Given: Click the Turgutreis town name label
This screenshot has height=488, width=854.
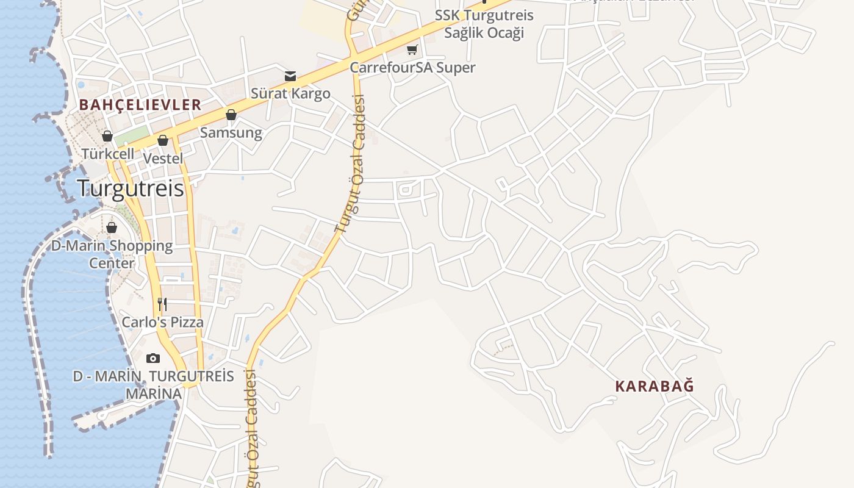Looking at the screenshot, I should (x=131, y=188).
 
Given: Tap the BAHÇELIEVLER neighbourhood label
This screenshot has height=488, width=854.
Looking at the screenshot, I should (x=140, y=105).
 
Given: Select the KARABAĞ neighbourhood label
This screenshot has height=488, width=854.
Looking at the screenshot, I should (x=655, y=386).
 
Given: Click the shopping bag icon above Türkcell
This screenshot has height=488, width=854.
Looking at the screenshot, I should (x=107, y=135).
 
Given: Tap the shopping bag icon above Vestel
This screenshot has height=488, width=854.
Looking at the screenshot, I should (x=163, y=140).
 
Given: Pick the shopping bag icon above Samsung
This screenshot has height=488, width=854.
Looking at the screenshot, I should (x=231, y=115).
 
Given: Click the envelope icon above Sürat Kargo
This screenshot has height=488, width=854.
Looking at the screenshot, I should (x=290, y=76).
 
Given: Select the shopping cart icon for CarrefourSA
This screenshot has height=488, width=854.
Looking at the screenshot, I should (x=412, y=49).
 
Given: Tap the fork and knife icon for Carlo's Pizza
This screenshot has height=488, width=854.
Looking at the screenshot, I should (x=162, y=304).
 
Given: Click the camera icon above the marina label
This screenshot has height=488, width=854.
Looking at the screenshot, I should (x=153, y=358).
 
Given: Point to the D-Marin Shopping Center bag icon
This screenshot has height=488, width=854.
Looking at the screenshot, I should (x=112, y=228).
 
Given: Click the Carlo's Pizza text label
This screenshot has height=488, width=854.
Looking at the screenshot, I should (x=162, y=322).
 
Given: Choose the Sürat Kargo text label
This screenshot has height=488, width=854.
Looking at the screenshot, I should (x=290, y=93).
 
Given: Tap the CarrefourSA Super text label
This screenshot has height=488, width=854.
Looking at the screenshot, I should (x=412, y=67).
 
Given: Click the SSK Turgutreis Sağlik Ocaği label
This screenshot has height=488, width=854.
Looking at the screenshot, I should (x=484, y=24).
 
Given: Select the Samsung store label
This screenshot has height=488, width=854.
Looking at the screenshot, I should (x=231, y=132).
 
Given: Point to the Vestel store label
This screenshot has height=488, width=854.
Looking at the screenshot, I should (x=163, y=158).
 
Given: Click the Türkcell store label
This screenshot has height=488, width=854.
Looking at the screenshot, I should (x=108, y=154).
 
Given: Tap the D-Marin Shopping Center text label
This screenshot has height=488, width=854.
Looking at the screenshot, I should (x=112, y=254).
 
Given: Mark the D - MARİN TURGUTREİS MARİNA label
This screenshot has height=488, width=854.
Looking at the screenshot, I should (x=154, y=385).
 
